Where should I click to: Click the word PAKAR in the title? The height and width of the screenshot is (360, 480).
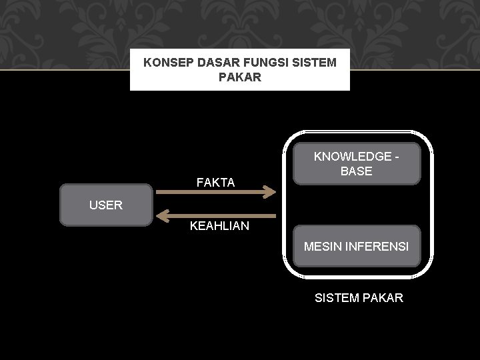(x=239, y=78)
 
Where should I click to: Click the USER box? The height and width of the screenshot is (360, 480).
(x=106, y=205)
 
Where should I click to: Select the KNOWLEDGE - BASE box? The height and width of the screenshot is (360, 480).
(x=357, y=163)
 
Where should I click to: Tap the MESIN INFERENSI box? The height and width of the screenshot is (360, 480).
(x=357, y=247)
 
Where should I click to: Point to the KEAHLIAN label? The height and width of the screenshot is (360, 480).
(x=219, y=226)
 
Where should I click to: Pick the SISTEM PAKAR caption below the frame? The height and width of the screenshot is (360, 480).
(x=359, y=298)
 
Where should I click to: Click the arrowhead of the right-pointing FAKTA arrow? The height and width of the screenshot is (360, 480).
(x=270, y=193)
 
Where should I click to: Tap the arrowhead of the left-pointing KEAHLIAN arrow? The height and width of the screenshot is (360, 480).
(x=161, y=215)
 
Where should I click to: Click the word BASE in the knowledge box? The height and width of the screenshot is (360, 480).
(x=357, y=171)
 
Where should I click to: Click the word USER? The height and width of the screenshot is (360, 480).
(x=106, y=205)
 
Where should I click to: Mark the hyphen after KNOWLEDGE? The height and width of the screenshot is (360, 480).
(x=397, y=157)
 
